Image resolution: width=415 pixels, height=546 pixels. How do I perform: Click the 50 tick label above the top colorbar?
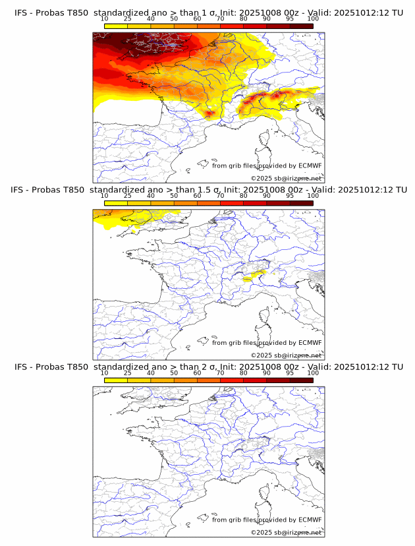tap(174, 19)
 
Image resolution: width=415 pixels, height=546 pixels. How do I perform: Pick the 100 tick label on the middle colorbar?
tap(313, 196)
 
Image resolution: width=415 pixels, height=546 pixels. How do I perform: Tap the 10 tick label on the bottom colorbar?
tap(104, 373)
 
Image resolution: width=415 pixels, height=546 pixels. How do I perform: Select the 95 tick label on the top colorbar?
tap(290, 19)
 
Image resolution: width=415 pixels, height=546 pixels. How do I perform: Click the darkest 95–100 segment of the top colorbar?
tap(301, 26)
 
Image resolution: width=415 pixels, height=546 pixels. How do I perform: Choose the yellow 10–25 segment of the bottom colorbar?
tap(116, 380)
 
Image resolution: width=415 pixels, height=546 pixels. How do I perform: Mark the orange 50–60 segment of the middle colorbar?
tap(185, 203)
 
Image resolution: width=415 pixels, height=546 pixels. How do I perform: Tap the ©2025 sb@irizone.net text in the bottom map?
tap(286, 532)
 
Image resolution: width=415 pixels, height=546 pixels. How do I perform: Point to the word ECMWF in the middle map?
tap(310, 342)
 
